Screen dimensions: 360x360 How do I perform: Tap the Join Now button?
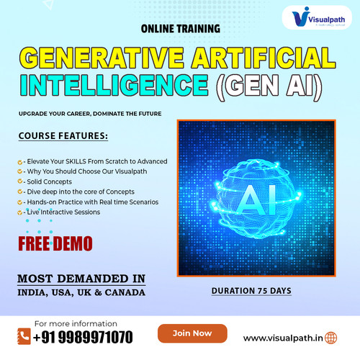[192, 333]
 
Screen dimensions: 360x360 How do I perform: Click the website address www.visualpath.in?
[283, 337]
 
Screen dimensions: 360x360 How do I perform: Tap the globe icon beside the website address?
[330, 337]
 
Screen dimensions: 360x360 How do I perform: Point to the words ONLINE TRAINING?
[180, 30]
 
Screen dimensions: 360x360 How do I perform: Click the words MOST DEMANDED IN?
[82, 278]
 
